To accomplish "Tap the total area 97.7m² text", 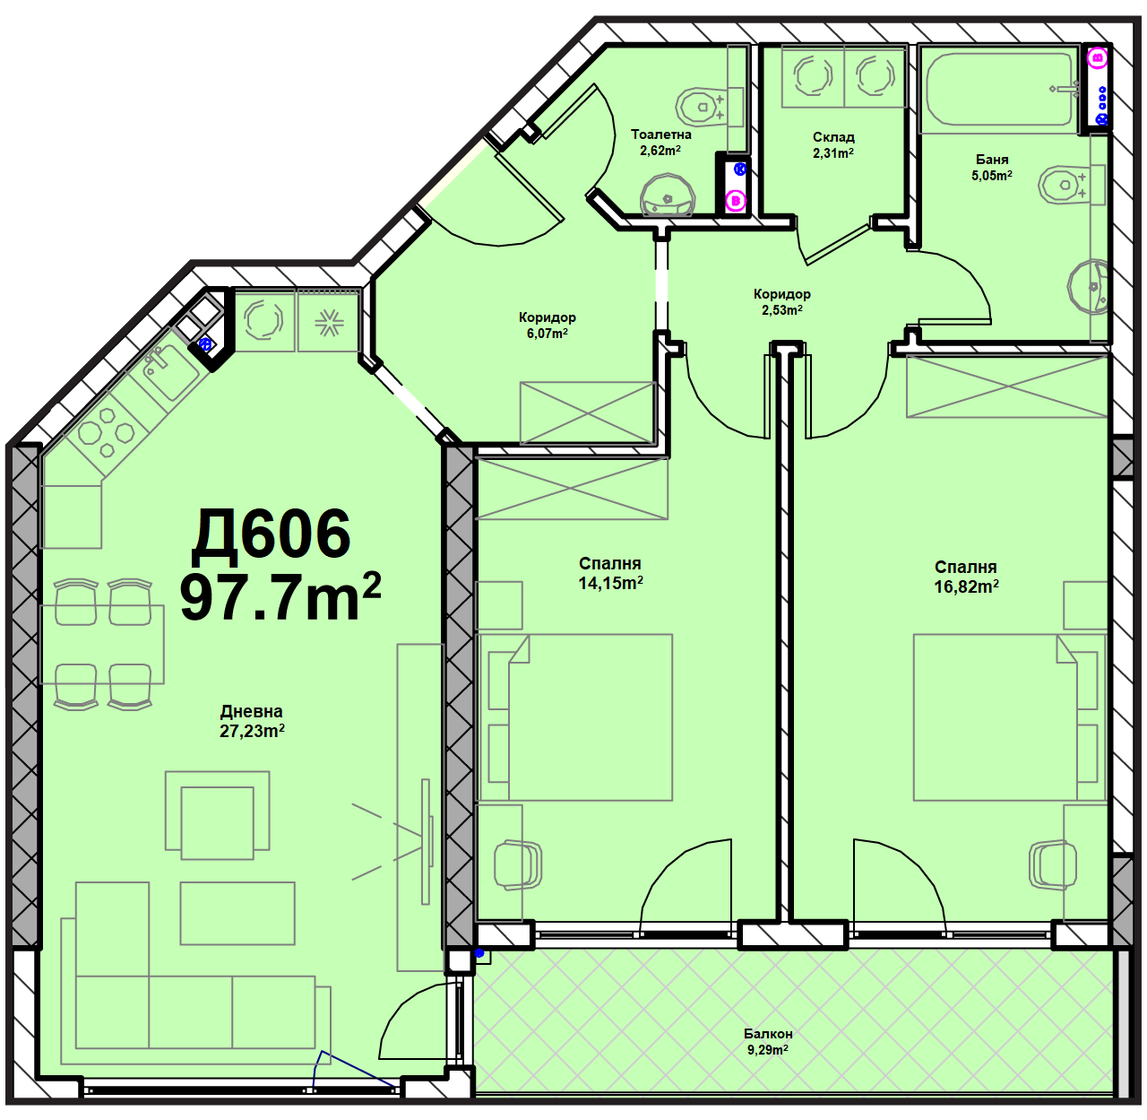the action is pos(280,597).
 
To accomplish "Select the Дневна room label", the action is pos(252,712).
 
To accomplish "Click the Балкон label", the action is pos(768,1034).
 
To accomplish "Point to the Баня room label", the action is pos(992,160).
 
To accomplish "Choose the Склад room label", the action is pos(833,137).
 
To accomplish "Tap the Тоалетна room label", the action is pos(661,135).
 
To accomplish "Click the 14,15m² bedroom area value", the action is pos(610,583).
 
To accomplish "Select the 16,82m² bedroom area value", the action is pos(966,586).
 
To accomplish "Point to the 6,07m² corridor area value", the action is pos(547,334).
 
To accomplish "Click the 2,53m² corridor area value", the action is pos(782,309).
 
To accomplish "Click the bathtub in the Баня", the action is pos(1000,90).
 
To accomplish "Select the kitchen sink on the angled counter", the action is pos(169,370).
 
